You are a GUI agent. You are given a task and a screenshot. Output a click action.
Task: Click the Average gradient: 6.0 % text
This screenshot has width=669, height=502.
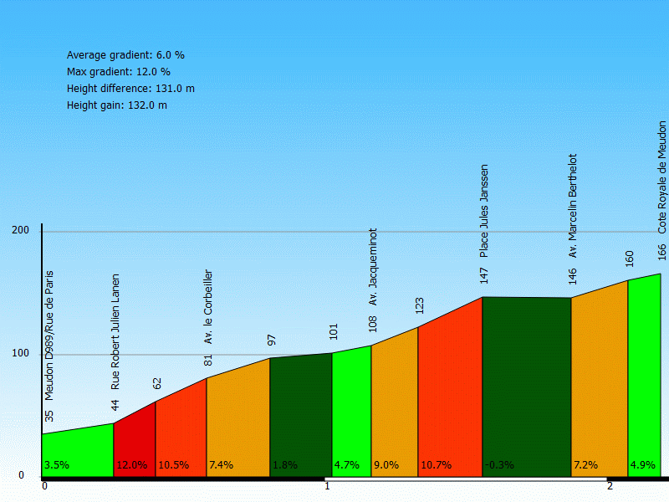click(125, 55)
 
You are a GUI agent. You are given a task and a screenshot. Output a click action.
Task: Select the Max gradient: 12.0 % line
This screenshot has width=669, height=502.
click(119, 72)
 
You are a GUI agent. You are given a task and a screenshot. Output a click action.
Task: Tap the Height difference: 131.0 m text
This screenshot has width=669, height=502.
click(130, 89)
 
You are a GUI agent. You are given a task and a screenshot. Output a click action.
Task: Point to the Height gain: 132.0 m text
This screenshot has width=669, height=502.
click(117, 105)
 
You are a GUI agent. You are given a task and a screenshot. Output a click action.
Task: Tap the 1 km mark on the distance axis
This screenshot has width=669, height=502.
click(327, 486)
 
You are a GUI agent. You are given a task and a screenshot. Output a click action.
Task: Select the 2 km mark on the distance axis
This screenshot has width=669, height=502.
click(610, 486)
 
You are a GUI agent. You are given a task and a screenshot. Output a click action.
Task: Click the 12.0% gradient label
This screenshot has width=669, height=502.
click(131, 465)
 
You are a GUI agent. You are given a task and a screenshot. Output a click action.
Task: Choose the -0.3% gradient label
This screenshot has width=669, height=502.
click(499, 465)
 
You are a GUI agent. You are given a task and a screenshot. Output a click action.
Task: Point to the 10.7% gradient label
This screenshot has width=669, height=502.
click(437, 465)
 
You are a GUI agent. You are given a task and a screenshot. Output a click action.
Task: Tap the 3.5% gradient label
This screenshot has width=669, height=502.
click(56, 465)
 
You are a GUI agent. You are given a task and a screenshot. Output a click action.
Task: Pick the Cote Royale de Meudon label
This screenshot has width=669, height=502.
click(661, 177)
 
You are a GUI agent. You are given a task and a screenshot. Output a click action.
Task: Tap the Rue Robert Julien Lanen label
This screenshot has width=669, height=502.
click(115, 331)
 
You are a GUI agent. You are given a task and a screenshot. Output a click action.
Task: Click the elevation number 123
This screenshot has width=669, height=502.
click(420, 305)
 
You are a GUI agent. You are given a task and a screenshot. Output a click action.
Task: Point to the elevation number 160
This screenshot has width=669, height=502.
click(630, 259)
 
